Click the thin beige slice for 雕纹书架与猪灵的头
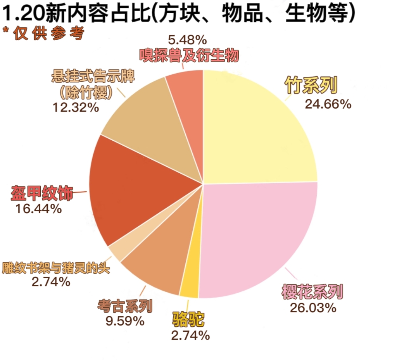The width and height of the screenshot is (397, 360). click(x=116, y=252)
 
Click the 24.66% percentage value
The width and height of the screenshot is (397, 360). click(x=328, y=104)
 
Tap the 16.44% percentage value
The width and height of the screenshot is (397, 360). click(x=39, y=209)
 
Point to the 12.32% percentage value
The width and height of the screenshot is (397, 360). click(x=76, y=107)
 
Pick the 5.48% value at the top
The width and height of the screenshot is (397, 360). click(x=187, y=40)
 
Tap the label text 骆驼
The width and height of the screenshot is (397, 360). click(x=188, y=320)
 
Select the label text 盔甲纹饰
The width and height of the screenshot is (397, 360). click(x=42, y=193)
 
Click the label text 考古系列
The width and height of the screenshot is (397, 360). click(x=125, y=306)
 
